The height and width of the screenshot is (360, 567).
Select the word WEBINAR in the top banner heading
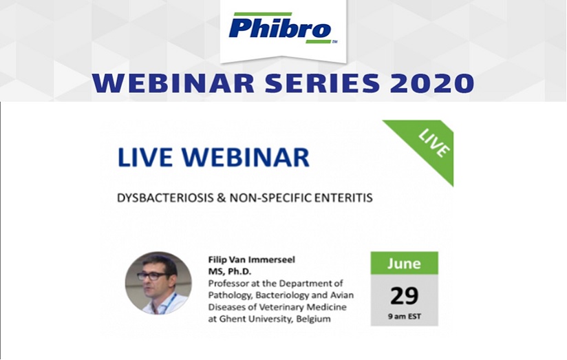[173, 83]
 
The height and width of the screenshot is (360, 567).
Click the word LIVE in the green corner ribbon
[434, 143]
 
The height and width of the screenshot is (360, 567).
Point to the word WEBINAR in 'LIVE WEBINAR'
[245, 158]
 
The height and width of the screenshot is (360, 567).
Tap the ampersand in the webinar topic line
[222, 198]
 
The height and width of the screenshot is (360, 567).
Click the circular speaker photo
[158, 283]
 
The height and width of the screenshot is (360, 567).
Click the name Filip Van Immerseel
[252, 260]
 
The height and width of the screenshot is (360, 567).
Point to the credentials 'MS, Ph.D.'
[230, 271]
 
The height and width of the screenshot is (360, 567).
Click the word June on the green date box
[405, 264]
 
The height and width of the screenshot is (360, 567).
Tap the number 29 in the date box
[405, 295]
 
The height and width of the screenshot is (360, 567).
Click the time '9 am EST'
[405, 316]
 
